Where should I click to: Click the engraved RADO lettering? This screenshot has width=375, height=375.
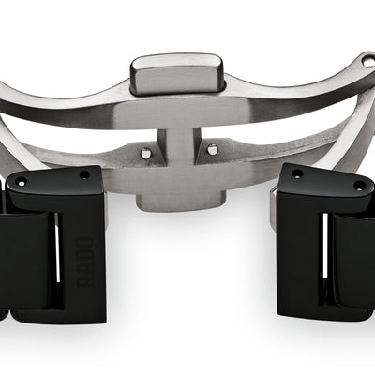[x=85, y=262]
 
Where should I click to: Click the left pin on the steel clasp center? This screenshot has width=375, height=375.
[x=145, y=153]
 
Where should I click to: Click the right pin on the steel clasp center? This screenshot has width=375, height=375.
[x=212, y=149]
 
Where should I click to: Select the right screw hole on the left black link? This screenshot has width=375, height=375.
[x=84, y=174]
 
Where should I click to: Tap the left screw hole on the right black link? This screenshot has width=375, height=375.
[x=296, y=173]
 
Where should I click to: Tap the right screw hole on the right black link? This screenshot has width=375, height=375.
[x=359, y=186]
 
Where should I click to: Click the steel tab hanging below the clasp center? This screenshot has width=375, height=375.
[x=181, y=202]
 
